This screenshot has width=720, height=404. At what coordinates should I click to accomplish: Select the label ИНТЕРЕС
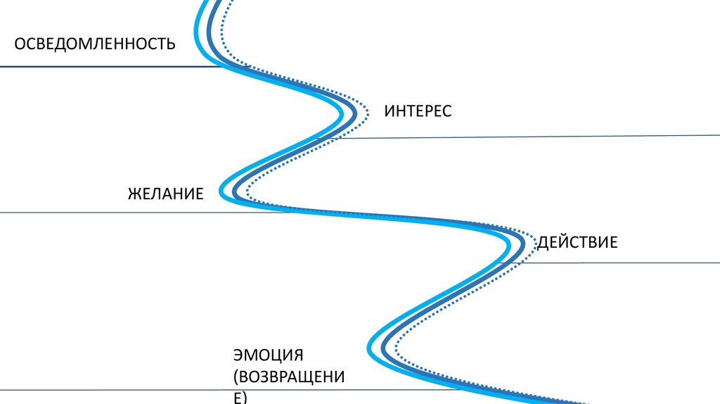tap(418, 111)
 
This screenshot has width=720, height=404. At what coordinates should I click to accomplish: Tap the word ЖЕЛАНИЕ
tap(166, 193)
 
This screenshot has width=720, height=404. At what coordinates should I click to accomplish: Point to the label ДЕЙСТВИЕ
tap(577, 243)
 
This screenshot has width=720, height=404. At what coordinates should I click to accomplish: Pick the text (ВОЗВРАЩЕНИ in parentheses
tap(289, 377)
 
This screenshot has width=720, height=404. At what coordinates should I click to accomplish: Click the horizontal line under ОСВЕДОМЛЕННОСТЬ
tap(105, 67)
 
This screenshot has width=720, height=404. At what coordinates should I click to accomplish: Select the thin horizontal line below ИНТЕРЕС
tap(527, 137)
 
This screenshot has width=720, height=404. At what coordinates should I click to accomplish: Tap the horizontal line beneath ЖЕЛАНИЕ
tap(105, 213)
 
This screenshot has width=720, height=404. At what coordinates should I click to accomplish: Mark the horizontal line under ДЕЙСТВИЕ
tap(619, 263)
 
